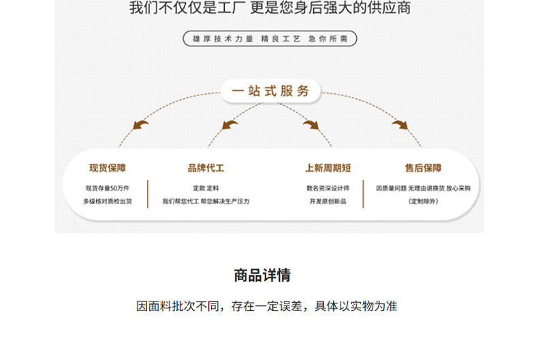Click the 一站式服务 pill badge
click(x=270, y=91)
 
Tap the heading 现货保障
click(x=108, y=167)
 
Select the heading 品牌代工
click(x=206, y=167)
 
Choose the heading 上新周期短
click(x=328, y=167)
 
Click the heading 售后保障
click(x=423, y=167)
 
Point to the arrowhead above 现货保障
click(x=142, y=125)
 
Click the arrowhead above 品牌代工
click(x=230, y=125)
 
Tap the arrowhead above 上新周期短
click(x=311, y=125)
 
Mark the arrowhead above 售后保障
click(x=400, y=125)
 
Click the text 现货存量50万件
click(x=108, y=188)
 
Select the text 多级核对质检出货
click(x=108, y=201)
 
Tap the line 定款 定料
click(x=206, y=188)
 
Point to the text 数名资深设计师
click(x=328, y=188)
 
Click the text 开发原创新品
click(x=328, y=201)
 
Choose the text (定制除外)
click(x=423, y=201)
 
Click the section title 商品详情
click(x=262, y=276)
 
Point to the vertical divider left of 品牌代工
click(x=148, y=193)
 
